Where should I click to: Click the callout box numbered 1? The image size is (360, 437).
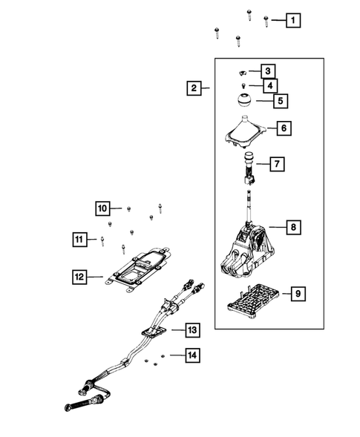tap(294, 21)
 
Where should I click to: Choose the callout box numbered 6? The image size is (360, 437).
tap(283, 128)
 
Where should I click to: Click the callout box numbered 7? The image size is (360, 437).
tap(274, 162)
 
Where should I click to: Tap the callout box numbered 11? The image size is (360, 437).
tap(79, 238)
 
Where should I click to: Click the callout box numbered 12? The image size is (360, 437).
tap(79, 277)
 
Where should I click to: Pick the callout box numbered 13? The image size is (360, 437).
tap(192, 329)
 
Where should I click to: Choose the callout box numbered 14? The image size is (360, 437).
tap(192, 356)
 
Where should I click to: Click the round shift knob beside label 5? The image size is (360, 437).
tap(243, 101)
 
